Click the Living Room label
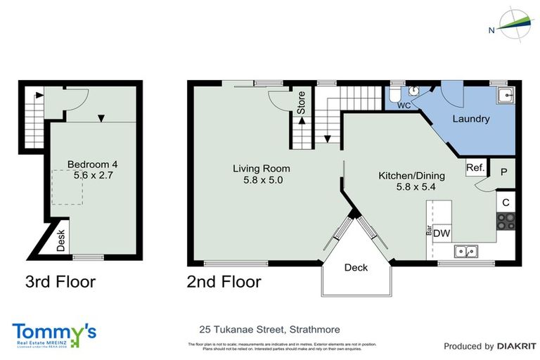[262, 169]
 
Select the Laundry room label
[470, 119]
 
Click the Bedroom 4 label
[92, 165]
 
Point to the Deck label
[356, 267]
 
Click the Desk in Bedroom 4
[61, 240]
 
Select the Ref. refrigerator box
[475, 168]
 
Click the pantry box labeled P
[503, 170]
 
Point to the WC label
[404, 105]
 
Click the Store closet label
[301, 103]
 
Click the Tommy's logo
[53, 333]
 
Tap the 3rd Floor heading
[60, 283]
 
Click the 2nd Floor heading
[224, 283]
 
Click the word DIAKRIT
[517, 346]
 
